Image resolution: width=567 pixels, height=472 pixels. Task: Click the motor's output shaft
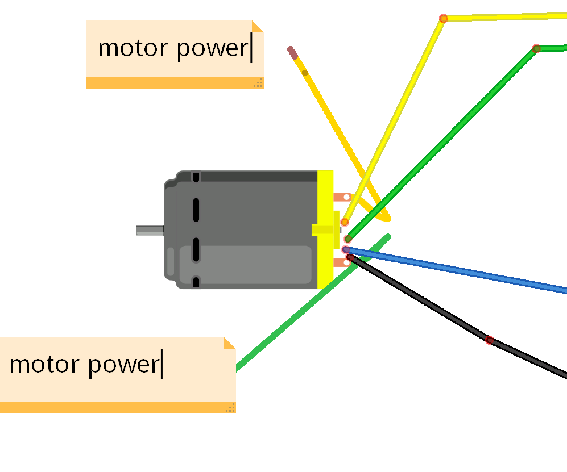coord(150,230)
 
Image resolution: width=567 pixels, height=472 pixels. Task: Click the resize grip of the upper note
coord(258,83)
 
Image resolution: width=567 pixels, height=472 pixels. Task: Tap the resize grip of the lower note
coord(230,407)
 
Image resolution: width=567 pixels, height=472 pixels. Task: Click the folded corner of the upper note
coord(258,26)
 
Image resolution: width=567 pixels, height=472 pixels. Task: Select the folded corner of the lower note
coord(230,342)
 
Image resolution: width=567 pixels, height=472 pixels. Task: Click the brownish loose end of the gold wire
coord(292,52)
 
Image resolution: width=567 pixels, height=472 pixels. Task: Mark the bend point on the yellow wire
coord(444,19)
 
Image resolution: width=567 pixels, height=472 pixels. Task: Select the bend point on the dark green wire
coord(536,49)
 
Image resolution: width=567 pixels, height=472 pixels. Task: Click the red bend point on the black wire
coord(489,340)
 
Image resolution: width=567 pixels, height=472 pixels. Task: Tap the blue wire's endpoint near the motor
coord(346,249)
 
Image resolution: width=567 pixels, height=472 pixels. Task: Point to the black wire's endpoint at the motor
coord(350,257)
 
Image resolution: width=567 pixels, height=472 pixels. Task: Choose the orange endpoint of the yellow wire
coord(345,222)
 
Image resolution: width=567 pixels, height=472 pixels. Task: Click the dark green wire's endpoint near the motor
coord(348,239)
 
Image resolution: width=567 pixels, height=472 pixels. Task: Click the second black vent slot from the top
coord(196,210)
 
